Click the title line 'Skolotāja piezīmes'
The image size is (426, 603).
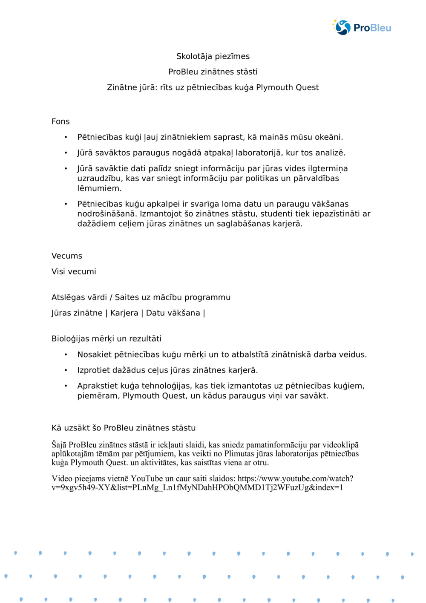[x=213, y=56]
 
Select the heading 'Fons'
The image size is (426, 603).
[x=60, y=121]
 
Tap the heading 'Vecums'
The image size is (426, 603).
[x=67, y=256]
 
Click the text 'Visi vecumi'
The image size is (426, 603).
[x=74, y=271]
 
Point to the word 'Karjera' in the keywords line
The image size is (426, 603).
[x=124, y=313]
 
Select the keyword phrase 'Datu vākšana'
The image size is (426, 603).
[x=173, y=313]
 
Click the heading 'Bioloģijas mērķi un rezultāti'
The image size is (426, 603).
[x=106, y=339]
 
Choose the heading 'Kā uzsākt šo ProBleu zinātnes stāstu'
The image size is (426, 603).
[x=124, y=428]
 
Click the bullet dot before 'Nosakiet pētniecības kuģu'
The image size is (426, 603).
[x=66, y=355]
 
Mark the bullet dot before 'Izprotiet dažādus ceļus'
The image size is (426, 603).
[x=66, y=370]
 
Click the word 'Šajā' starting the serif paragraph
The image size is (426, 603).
[x=59, y=445]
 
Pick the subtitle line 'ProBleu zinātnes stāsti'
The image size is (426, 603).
[x=213, y=72]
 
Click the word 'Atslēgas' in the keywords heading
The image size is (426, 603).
[x=67, y=297]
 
